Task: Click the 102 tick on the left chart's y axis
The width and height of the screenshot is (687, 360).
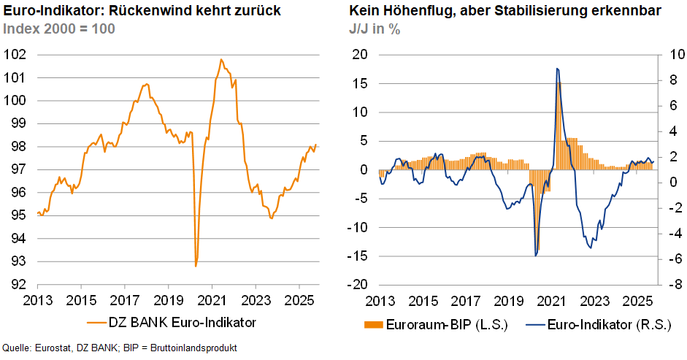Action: tap(15, 55)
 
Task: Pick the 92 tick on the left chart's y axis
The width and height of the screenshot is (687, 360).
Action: tap(18, 285)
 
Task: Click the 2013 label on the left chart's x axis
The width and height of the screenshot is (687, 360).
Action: tap(37, 300)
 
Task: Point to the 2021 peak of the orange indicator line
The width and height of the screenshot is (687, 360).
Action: tap(221, 59)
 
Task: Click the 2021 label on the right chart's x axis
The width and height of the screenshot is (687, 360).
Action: tap(552, 300)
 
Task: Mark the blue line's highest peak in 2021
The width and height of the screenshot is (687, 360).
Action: tap(557, 69)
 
